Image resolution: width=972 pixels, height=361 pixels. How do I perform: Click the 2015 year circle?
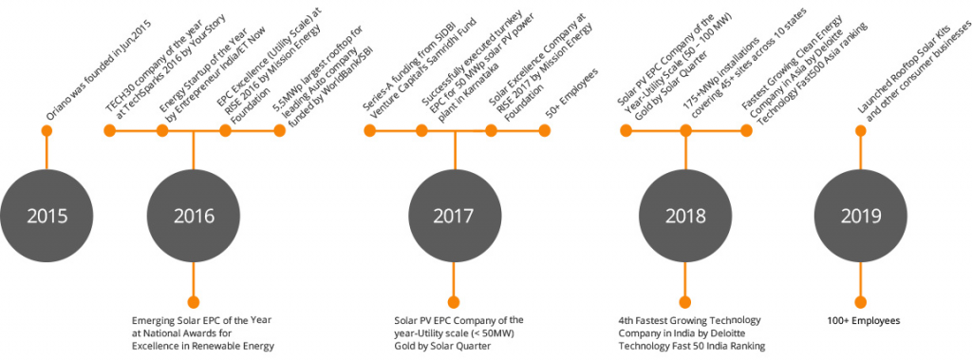(47, 217)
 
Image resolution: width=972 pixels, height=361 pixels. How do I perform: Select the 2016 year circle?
(194, 217)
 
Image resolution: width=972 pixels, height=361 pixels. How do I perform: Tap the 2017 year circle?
(454, 217)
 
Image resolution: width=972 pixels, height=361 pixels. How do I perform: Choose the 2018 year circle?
(684, 217)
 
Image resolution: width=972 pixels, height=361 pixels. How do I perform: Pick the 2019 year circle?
(862, 217)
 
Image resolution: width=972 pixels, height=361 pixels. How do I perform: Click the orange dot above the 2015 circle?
(47, 132)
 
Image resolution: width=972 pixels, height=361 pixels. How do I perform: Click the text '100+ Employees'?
(862, 321)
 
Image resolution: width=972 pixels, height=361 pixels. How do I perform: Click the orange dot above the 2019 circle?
(862, 132)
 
